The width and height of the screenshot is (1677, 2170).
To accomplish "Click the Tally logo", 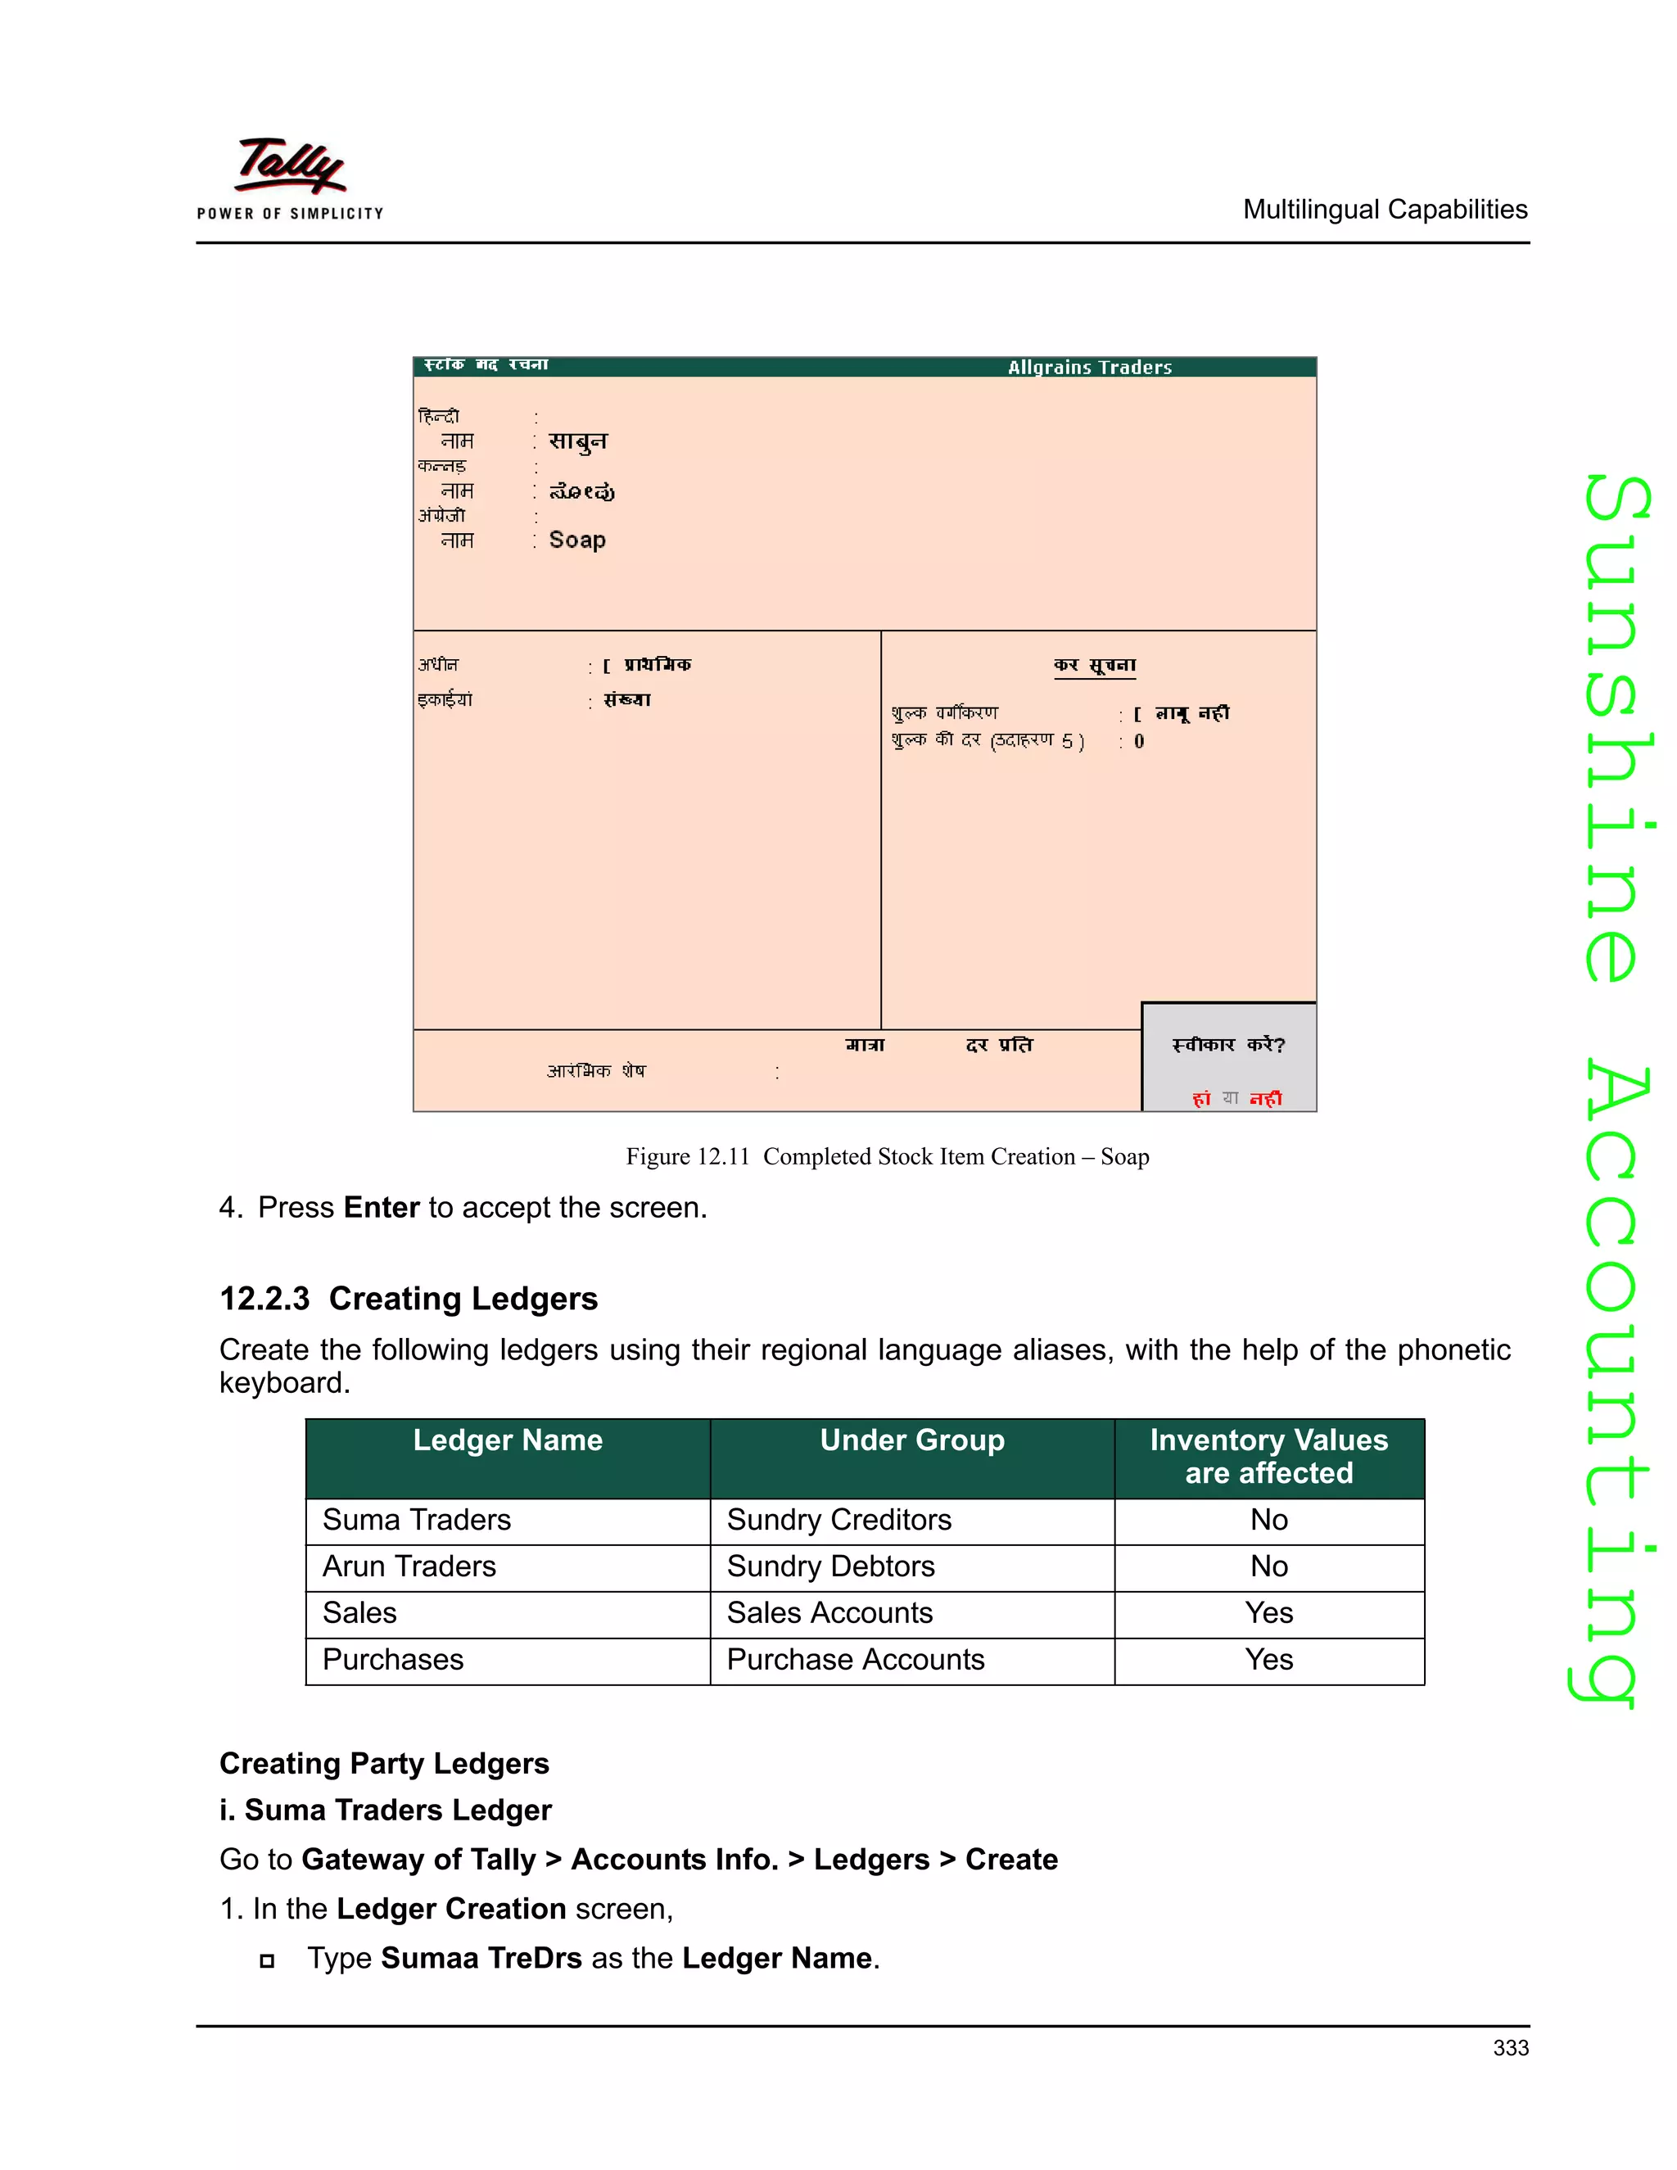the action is [x=290, y=177].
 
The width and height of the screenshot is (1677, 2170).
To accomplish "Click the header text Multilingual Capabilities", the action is [x=1385, y=210].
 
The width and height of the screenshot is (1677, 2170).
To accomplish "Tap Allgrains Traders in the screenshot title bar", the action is [x=1090, y=368].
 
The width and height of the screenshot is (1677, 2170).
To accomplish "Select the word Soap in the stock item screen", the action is [x=577, y=540].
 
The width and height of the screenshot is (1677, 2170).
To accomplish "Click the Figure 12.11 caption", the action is [x=887, y=1156].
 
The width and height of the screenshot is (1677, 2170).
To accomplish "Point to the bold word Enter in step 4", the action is [x=382, y=1207].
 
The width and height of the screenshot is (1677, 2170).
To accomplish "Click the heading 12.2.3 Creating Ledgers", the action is [x=409, y=1299].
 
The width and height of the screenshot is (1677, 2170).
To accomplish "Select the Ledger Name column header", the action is [x=508, y=1440].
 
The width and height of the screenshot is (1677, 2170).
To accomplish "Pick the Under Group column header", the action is [x=912, y=1440].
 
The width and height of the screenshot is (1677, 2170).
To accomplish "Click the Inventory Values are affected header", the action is [x=1268, y=1457].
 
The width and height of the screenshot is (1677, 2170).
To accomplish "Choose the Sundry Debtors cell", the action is [x=830, y=1566].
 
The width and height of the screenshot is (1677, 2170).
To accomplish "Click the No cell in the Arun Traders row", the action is [x=1268, y=1566].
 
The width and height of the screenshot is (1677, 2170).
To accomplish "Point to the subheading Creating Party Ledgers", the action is [x=385, y=1764].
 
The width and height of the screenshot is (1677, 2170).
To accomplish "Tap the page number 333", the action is [x=1510, y=2048].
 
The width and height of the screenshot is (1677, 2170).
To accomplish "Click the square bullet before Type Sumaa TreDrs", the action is [x=266, y=1960].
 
